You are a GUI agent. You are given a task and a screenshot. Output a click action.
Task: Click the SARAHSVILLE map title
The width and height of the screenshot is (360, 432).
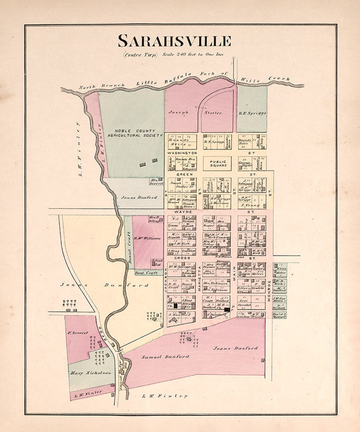(174, 41)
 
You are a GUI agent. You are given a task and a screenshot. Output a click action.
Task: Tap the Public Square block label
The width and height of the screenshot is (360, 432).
(218, 163)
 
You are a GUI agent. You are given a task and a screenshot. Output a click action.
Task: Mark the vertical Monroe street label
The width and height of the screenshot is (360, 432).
(269, 290)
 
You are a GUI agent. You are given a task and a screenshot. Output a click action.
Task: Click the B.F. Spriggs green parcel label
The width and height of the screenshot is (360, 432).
(252, 113)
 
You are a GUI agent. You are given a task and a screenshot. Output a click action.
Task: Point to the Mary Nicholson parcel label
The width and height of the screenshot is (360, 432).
(90, 373)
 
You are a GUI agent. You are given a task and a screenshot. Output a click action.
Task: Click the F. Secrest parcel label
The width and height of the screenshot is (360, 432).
(78, 333)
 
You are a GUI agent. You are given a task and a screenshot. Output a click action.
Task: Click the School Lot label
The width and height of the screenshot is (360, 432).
(157, 262)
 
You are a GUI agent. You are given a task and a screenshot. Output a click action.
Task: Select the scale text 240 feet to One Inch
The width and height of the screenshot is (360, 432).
(193, 54)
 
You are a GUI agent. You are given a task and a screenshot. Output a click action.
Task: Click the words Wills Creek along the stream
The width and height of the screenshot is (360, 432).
(279, 79)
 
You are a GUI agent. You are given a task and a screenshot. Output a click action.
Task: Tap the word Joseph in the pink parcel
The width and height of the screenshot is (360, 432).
(178, 112)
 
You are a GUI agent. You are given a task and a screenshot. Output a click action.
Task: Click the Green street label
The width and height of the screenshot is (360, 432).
(182, 174)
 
